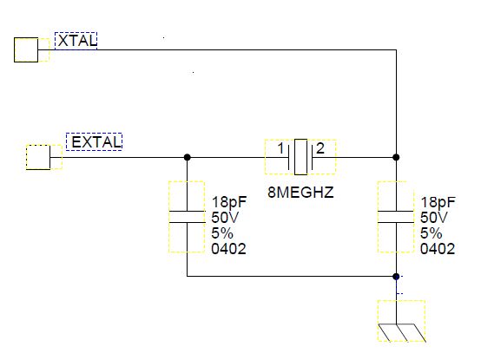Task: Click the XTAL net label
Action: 76,40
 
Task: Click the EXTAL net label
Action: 94,141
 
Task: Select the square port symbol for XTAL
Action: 27,50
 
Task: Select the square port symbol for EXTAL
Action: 39,157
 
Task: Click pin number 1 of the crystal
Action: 280,148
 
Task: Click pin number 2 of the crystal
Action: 320,148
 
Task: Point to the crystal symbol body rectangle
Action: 300,157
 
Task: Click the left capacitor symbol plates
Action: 187,216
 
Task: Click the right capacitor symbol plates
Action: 396,216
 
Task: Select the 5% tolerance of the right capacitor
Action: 432,232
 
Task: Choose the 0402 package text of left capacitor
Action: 228,249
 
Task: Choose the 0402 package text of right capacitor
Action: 437,249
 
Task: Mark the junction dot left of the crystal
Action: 187,157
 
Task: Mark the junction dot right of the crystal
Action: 396,157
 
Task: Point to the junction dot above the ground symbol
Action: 396,277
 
